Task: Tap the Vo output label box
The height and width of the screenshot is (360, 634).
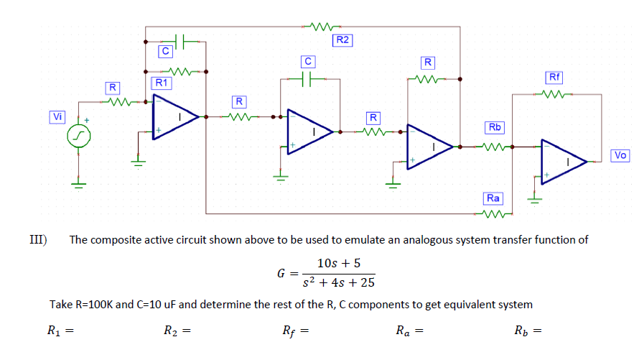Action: (x=620, y=154)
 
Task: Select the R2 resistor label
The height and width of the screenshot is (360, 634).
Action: (x=342, y=40)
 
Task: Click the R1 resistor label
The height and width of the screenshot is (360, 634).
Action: (x=162, y=83)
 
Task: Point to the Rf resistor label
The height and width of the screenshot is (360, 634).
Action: (x=554, y=77)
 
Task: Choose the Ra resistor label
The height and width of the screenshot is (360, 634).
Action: (x=493, y=198)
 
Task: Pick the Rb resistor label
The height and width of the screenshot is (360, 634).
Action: (x=495, y=127)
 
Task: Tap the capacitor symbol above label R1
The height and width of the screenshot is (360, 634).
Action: (x=181, y=40)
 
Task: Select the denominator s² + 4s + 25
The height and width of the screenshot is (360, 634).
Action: (x=338, y=281)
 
